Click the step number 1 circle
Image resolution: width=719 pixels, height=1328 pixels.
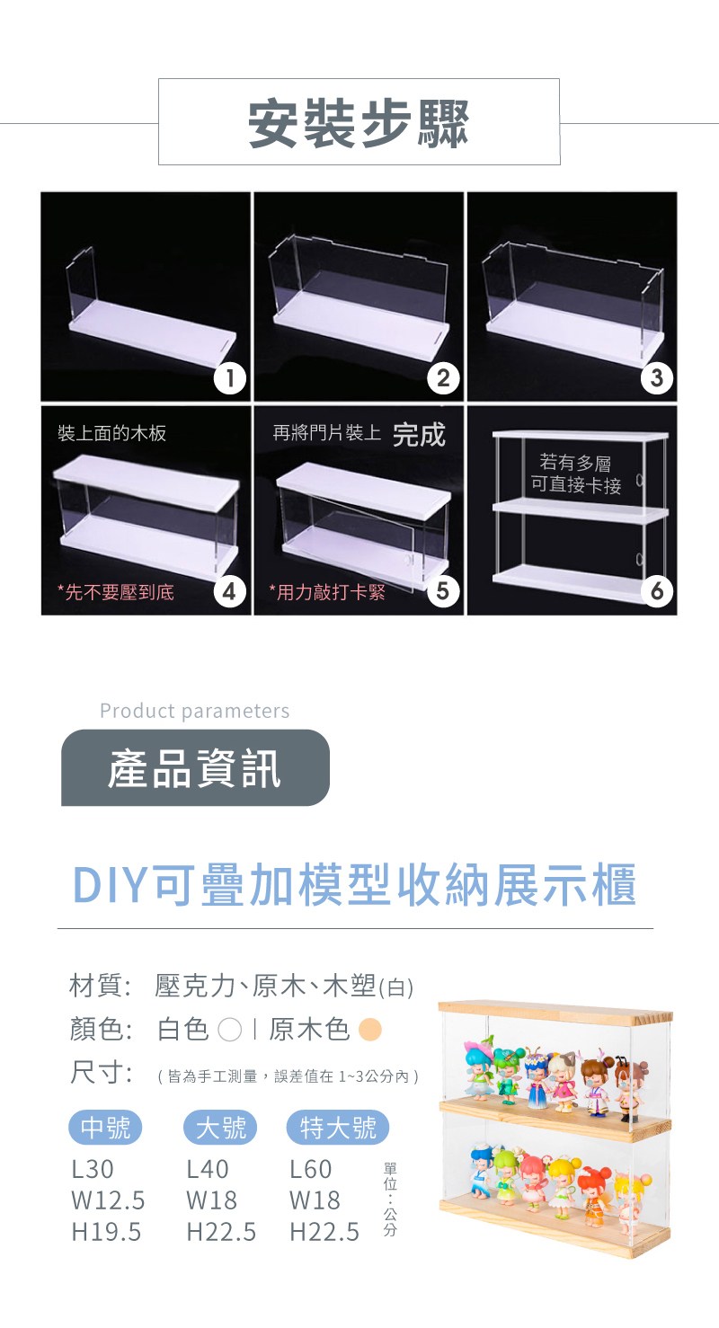pos(229,378)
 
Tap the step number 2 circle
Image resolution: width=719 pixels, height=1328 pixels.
pos(443,378)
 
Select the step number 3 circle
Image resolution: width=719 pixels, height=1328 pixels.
pos(657,378)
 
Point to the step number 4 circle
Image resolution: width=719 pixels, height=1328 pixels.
pos(229,591)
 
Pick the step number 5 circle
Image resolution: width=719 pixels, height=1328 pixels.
pos(443,591)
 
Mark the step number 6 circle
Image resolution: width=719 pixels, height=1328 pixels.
pos(657,591)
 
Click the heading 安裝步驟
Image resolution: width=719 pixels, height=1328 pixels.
pos(359,123)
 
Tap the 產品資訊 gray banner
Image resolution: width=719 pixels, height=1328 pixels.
pos(195,767)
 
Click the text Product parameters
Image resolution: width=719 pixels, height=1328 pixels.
pos(195,710)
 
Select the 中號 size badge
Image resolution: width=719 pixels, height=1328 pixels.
pos(105,1127)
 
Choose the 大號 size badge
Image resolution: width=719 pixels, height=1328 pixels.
pos(220,1127)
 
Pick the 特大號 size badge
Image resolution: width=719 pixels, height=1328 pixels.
pos(338,1127)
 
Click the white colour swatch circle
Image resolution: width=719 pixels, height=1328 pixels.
pos(229,1030)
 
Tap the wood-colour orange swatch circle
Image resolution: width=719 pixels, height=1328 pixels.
pos(370,1030)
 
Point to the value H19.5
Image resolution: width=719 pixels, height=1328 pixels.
pos(106,1232)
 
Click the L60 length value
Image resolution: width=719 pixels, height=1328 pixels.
pos(310,1169)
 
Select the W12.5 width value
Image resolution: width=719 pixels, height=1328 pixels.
pos(108,1200)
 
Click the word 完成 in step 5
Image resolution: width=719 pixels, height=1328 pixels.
pos(419,435)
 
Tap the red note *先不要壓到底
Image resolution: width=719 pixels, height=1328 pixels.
pos(116,592)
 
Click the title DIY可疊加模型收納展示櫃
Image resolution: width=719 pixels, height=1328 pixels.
pos(355,884)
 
